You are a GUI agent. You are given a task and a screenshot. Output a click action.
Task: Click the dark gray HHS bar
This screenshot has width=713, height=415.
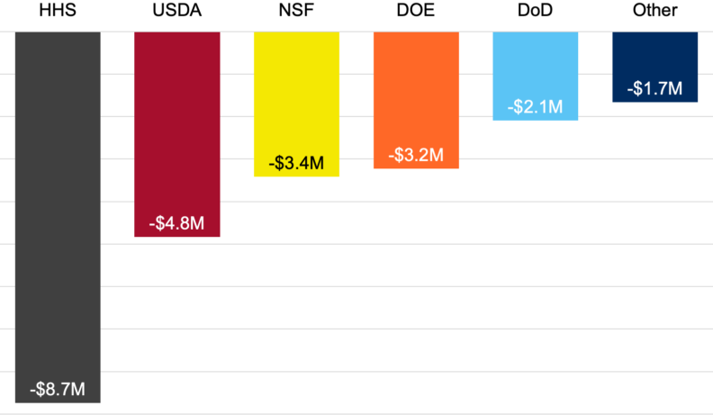click(58, 198)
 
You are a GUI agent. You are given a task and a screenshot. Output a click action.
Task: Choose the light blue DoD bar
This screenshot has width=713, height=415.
click(535, 63)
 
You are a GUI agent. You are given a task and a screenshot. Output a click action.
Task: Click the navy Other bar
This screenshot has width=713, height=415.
click(654, 54)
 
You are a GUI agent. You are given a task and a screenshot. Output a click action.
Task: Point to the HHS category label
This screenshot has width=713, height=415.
click(58, 12)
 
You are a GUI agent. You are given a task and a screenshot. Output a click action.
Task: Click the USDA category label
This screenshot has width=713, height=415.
click(177, 12)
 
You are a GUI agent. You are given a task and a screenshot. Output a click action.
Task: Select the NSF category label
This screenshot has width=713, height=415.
click(296, 12)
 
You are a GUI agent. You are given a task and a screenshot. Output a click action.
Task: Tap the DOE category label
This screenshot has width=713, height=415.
click(416, 12)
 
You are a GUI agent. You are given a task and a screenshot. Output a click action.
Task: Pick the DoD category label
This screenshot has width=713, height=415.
click(535, 12)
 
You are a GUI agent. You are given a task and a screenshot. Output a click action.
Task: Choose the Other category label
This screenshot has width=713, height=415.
click(654, 12)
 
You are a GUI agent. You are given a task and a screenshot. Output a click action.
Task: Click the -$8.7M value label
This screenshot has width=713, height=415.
click(58, 390)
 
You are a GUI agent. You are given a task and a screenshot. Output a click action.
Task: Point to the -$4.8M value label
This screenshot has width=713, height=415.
click(177, 223)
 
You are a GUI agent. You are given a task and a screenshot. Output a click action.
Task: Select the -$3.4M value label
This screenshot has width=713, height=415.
click(296, 164)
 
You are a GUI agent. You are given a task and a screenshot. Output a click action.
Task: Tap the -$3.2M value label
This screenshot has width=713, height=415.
click(416, 155)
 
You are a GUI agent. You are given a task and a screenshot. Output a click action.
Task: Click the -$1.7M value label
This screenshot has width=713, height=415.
click(654, 89)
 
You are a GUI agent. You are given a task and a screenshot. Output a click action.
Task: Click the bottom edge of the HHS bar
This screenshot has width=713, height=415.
click(58, 401)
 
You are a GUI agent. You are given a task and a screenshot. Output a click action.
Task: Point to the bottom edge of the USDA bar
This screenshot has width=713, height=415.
click(177, 236)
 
